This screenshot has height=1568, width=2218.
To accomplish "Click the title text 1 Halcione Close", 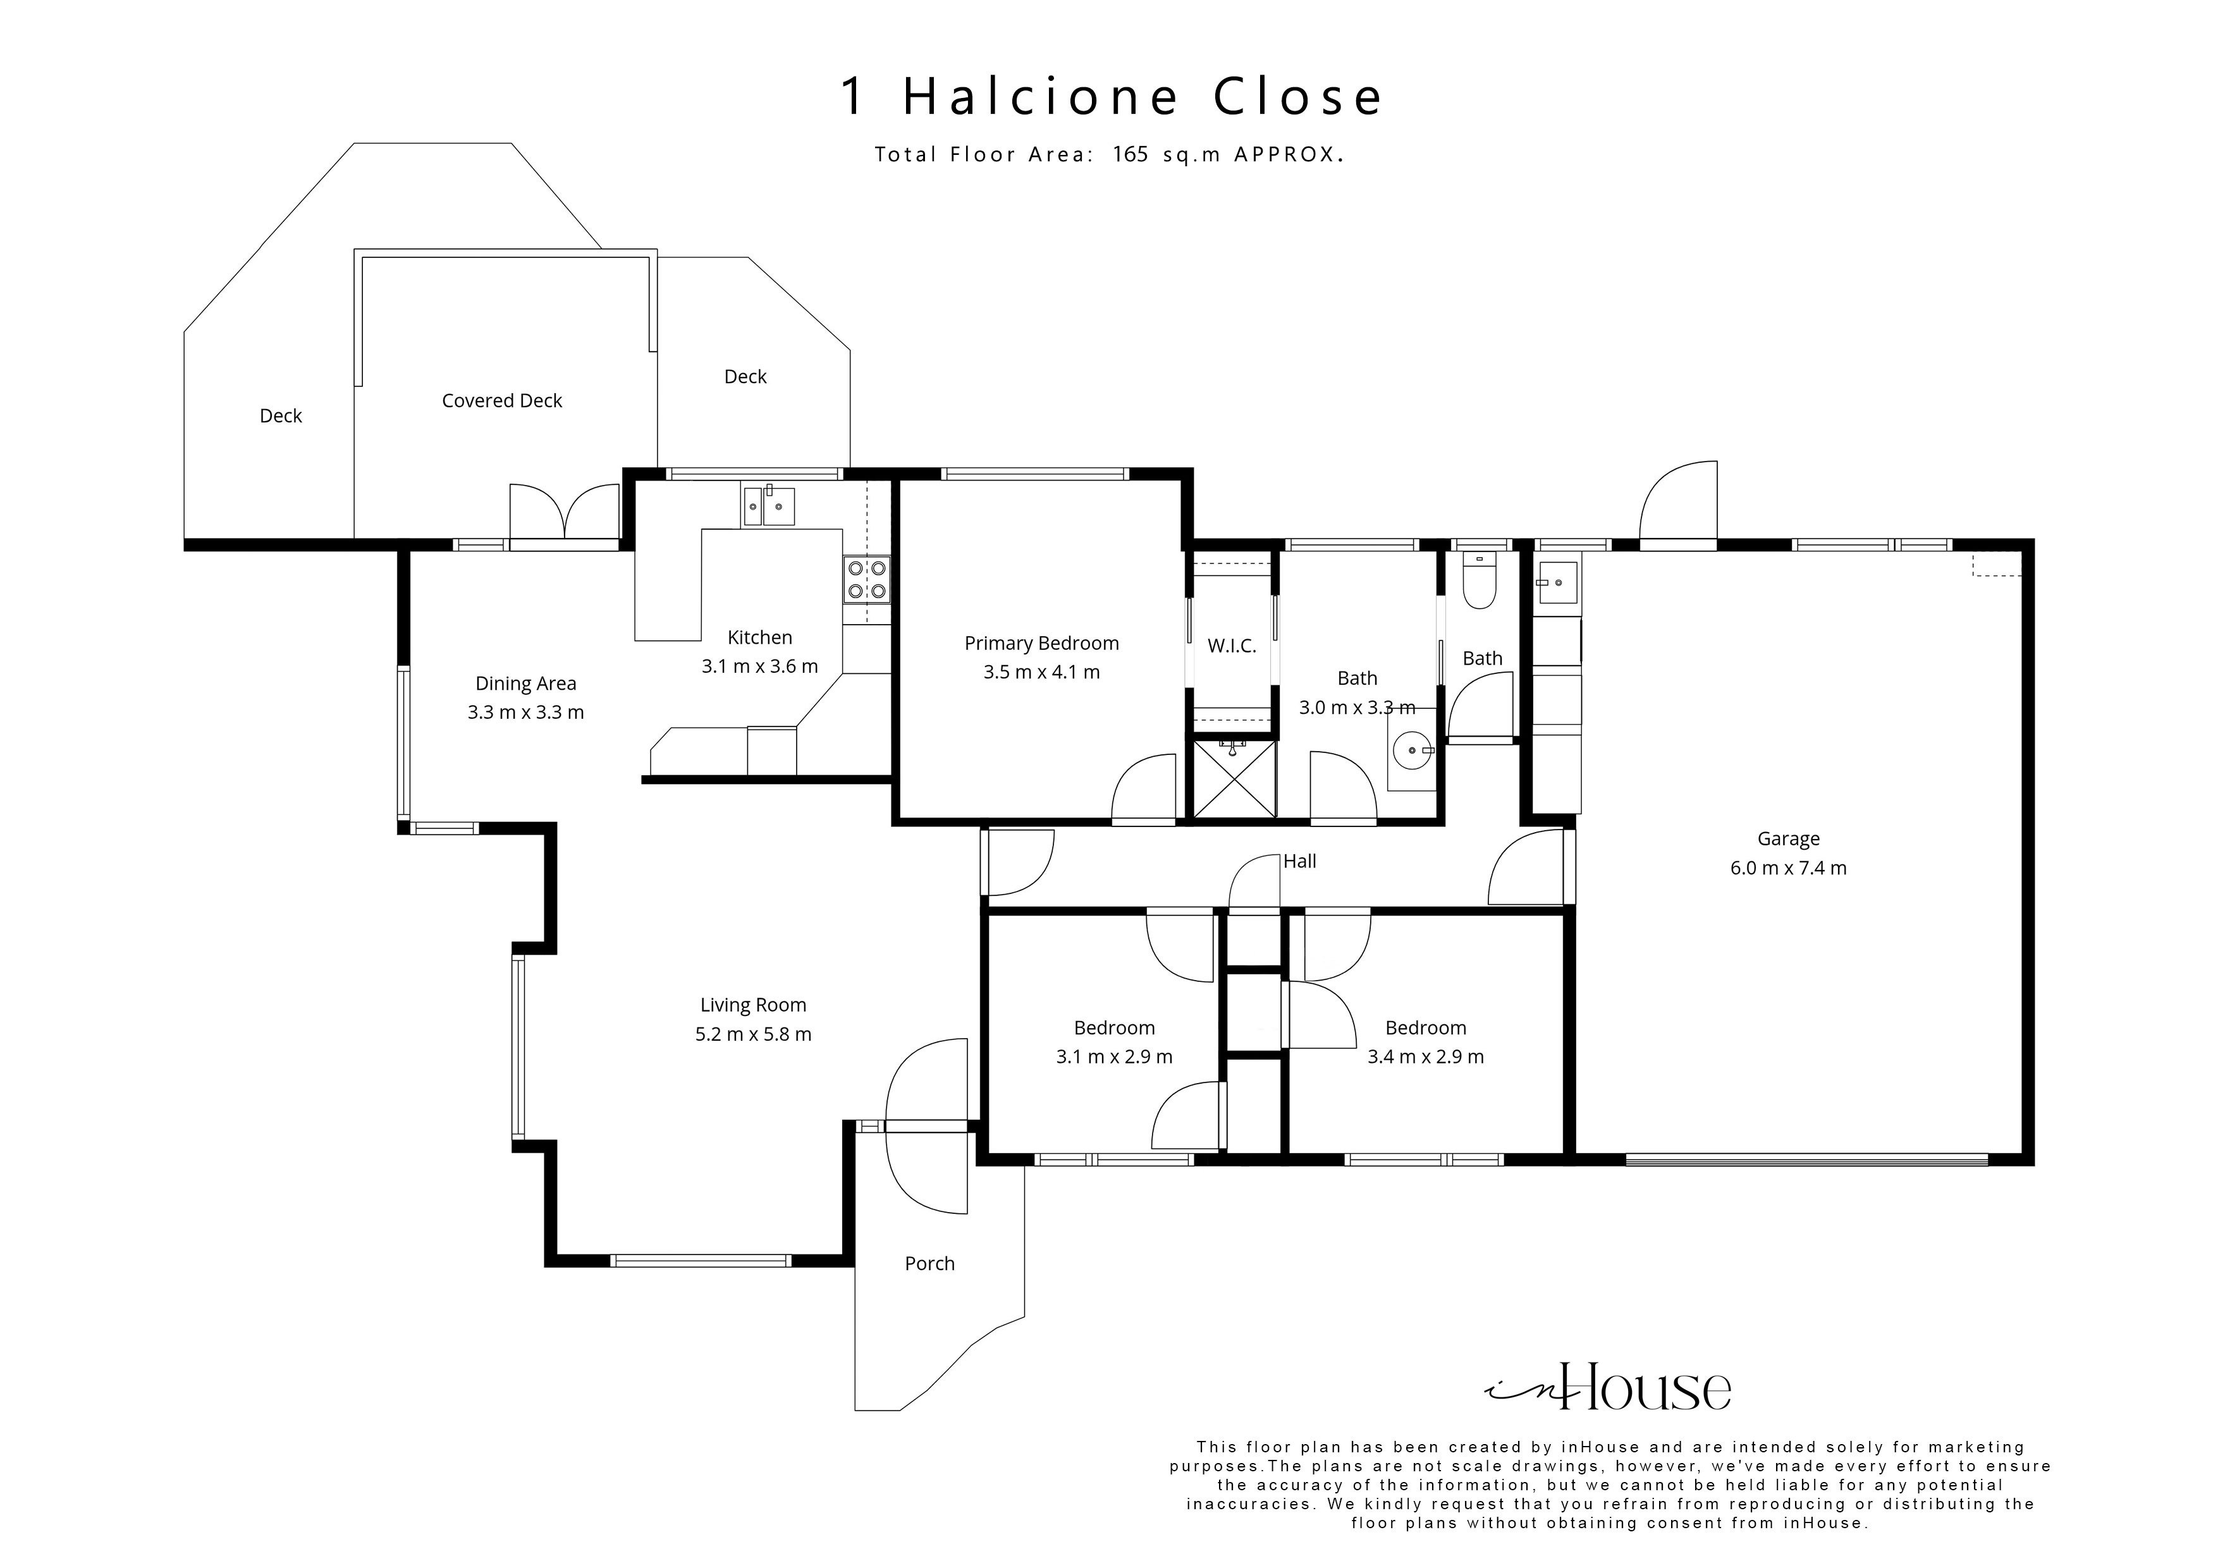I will [x=1111, y=97].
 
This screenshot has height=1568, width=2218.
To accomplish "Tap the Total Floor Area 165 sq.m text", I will [x=1109, y=154].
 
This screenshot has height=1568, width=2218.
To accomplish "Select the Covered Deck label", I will [x=501, y=401].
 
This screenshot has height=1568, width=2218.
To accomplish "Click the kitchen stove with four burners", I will [x=867, y=580].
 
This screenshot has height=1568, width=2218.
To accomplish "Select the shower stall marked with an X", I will [x=1234, y=779].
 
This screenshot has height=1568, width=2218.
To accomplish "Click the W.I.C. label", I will [x=1232, y=646].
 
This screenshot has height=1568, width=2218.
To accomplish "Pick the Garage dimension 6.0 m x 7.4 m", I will [x=1788, y=867].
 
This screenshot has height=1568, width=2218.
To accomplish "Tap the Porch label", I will [x=929, y=1264].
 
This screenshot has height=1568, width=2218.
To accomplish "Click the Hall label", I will [x=1299, y=861].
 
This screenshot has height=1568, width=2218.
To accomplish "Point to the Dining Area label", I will [x=525, y=683].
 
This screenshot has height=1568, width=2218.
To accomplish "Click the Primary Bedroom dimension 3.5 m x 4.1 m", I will [x=1041, y=671].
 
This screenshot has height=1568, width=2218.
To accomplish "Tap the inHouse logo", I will [x=1609, y=1389].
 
